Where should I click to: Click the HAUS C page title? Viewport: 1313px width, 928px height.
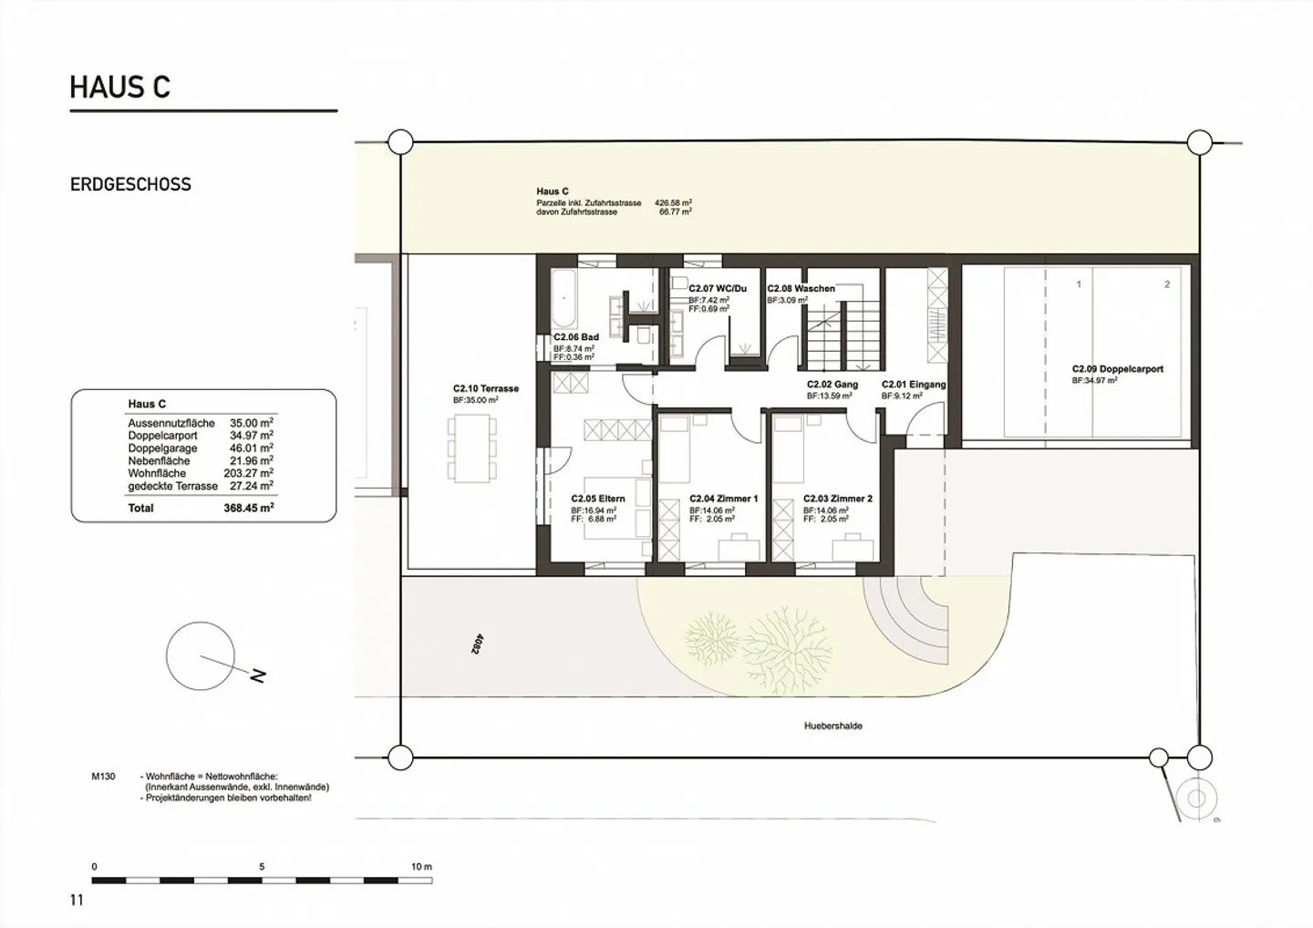[x=120, y=88]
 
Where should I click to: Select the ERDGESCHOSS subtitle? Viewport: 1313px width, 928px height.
[x=130, y=184]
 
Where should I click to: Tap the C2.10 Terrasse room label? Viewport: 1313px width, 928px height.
[x=485, y=388]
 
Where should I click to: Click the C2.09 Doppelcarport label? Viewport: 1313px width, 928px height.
[x=1117, y=370]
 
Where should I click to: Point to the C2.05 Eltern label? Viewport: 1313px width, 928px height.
[x=598, y=499]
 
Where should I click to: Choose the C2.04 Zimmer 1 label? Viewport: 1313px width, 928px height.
[x=723, y=499]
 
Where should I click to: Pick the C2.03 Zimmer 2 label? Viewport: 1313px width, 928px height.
[x=837, y=499]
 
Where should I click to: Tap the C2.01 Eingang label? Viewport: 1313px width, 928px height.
[x=914, y=385]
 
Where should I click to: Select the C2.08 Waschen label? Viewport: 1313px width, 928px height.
[x=801, y=289]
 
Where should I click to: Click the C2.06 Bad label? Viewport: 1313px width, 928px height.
[x=576, y=337]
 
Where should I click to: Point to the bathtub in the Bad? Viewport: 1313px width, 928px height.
[x=563, y=298]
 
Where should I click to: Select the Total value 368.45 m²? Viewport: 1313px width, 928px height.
[x=248, y=508]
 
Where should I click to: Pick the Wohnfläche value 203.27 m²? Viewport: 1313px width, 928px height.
[x=248, y=473]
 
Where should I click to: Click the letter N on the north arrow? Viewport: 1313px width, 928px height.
[x=258, y=675]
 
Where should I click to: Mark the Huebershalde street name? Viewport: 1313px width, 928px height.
[x=832, y=727]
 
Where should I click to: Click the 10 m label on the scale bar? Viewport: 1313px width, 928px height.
[x=420, y=866]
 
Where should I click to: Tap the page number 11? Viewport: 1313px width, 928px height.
[x=77, y=901]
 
